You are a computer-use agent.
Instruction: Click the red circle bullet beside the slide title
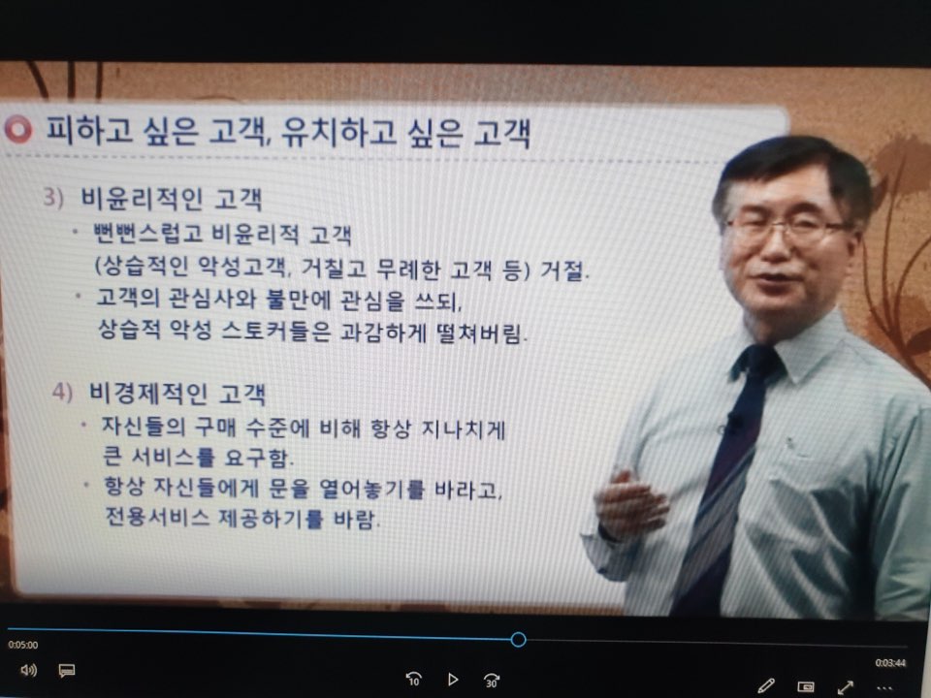pos(18,129)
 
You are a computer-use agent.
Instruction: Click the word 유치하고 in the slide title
pos(338,132)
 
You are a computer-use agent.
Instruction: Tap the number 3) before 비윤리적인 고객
pos(52,197)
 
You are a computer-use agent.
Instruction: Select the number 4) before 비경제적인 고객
pos(62,392)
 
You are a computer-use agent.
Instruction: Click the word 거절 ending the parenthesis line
pos(564,270)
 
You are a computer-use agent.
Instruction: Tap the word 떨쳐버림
pos(482,333)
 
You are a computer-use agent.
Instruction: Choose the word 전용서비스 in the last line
pos(157,517)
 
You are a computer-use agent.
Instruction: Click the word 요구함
pos(259,457)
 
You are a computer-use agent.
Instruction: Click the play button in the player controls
pos(453,679)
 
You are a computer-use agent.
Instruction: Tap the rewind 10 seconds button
pos(414,679)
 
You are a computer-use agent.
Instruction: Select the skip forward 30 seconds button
pos(492,680)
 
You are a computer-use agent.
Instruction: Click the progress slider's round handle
pos(518,639)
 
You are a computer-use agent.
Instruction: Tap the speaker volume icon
pos(28,671)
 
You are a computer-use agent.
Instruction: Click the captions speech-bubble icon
pos(67,671)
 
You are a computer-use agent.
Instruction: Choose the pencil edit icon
pos(766,686)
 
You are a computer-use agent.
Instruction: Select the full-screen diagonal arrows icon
pos(846,687)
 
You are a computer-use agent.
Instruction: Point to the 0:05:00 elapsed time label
pos(23,646)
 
